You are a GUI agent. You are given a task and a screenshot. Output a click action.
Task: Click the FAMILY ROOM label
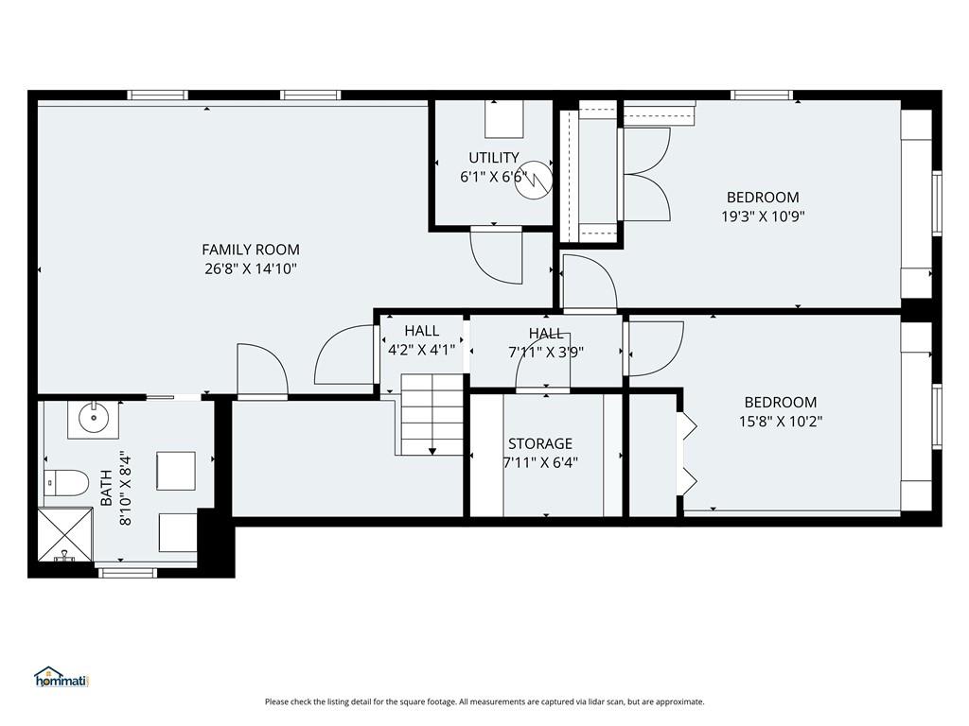[x=250, y=250]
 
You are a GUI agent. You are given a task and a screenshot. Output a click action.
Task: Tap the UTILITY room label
[x=493, y=158]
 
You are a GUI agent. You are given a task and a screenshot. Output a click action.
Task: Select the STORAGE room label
[x=540, y=443]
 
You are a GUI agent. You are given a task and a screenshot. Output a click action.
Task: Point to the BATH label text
[x=106, y=488]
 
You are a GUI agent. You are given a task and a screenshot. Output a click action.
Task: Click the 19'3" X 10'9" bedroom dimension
[x=763, y=216]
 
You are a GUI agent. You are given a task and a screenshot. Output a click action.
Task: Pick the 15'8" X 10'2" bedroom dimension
[x=781, y=422]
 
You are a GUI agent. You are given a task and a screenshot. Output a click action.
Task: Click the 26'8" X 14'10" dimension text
[x=251, y=269]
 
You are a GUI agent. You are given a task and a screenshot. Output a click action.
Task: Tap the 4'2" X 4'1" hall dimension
[x=421, y=350]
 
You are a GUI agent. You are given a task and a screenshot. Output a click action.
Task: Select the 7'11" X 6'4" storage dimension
[x=540, y=462]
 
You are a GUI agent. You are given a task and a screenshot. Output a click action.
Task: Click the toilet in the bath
[x=66, y=482]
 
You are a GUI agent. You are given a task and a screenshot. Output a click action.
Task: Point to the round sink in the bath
[x=94, y=419]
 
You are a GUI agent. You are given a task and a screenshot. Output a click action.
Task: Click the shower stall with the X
[x=65, y=535]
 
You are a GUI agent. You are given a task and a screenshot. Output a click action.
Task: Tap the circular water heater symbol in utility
[x=534, y=181]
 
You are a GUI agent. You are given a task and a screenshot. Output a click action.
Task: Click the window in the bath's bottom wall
[x=128, y=573]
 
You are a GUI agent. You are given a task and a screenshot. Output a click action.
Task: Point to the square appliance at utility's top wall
[x=504, y=120]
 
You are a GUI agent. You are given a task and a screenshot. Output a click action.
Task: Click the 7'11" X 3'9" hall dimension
[x=546, y=353]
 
